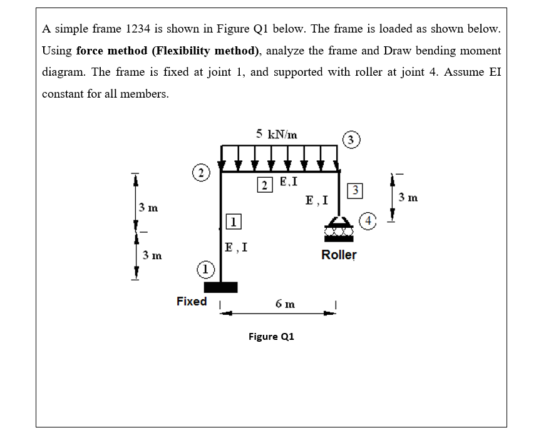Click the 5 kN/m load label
[277, 133]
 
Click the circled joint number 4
[370, 220]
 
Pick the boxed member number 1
[232, 221]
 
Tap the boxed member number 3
[354, 190]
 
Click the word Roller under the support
[339, 255]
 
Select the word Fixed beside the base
[192, 301]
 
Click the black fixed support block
[220, 287]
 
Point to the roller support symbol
[339, 229]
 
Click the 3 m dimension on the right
[408, 198]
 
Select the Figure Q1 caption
[271, 336]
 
